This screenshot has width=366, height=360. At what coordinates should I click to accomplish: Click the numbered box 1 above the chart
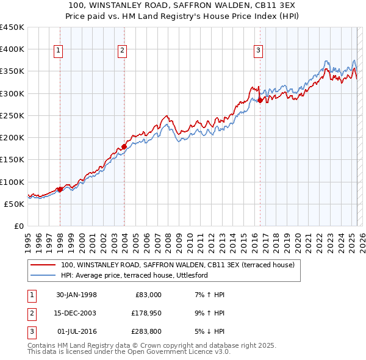59,51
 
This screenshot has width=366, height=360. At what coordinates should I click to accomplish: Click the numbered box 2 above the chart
122,51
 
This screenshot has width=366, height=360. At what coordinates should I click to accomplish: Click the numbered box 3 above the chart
258,51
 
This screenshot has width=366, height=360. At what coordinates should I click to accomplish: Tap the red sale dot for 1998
60,189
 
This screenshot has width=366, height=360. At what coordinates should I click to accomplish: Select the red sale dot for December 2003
124,146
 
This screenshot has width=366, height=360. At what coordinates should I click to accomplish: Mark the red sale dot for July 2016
260,100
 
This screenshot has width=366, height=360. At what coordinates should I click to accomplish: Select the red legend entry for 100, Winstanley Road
178,265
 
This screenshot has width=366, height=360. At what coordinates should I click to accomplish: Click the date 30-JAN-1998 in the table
76,295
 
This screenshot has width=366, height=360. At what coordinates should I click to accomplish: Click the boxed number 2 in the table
30,313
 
